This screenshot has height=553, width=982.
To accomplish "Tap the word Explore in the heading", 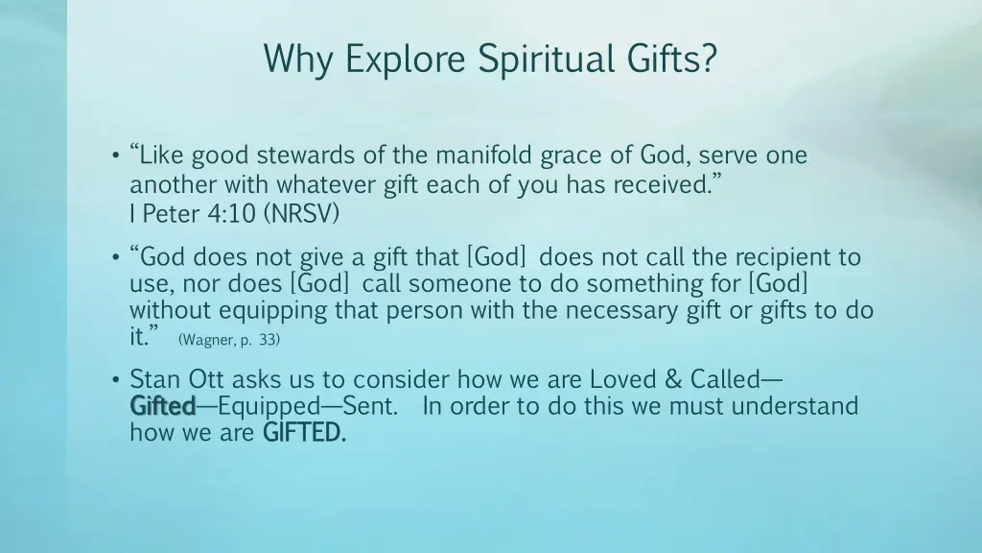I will point(404,59).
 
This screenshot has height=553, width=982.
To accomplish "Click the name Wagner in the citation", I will point(205,340).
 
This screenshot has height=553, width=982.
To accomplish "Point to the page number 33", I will point(268,340).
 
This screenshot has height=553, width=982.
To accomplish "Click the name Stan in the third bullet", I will point(152,379).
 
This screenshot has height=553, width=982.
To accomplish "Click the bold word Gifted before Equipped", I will point(162,406).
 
